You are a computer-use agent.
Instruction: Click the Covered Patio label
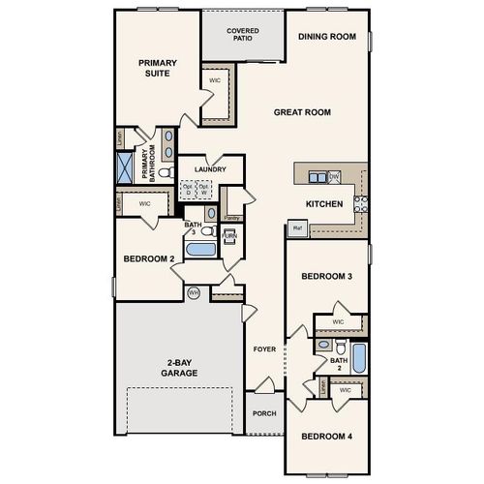click(243, 35)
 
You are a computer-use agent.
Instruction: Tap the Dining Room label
click(327, 37)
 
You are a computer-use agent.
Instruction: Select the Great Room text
click(302, 112)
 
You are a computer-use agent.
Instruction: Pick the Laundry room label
click(210, 169)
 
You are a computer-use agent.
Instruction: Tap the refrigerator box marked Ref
click(297, 229)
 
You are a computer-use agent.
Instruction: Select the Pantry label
click(231, 218)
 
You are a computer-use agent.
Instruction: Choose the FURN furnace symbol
click(229, 235)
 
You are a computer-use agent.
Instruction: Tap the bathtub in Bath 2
click(358, 358)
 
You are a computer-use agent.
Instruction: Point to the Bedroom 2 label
click(149, 259)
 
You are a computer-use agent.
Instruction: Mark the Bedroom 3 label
click(326, 277)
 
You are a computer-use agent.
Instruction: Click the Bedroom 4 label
click(326, 437)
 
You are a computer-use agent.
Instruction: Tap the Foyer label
click(263, 348)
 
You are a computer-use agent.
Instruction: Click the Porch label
click(263, 413)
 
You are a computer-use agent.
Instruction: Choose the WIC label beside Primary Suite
click(215, 80)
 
